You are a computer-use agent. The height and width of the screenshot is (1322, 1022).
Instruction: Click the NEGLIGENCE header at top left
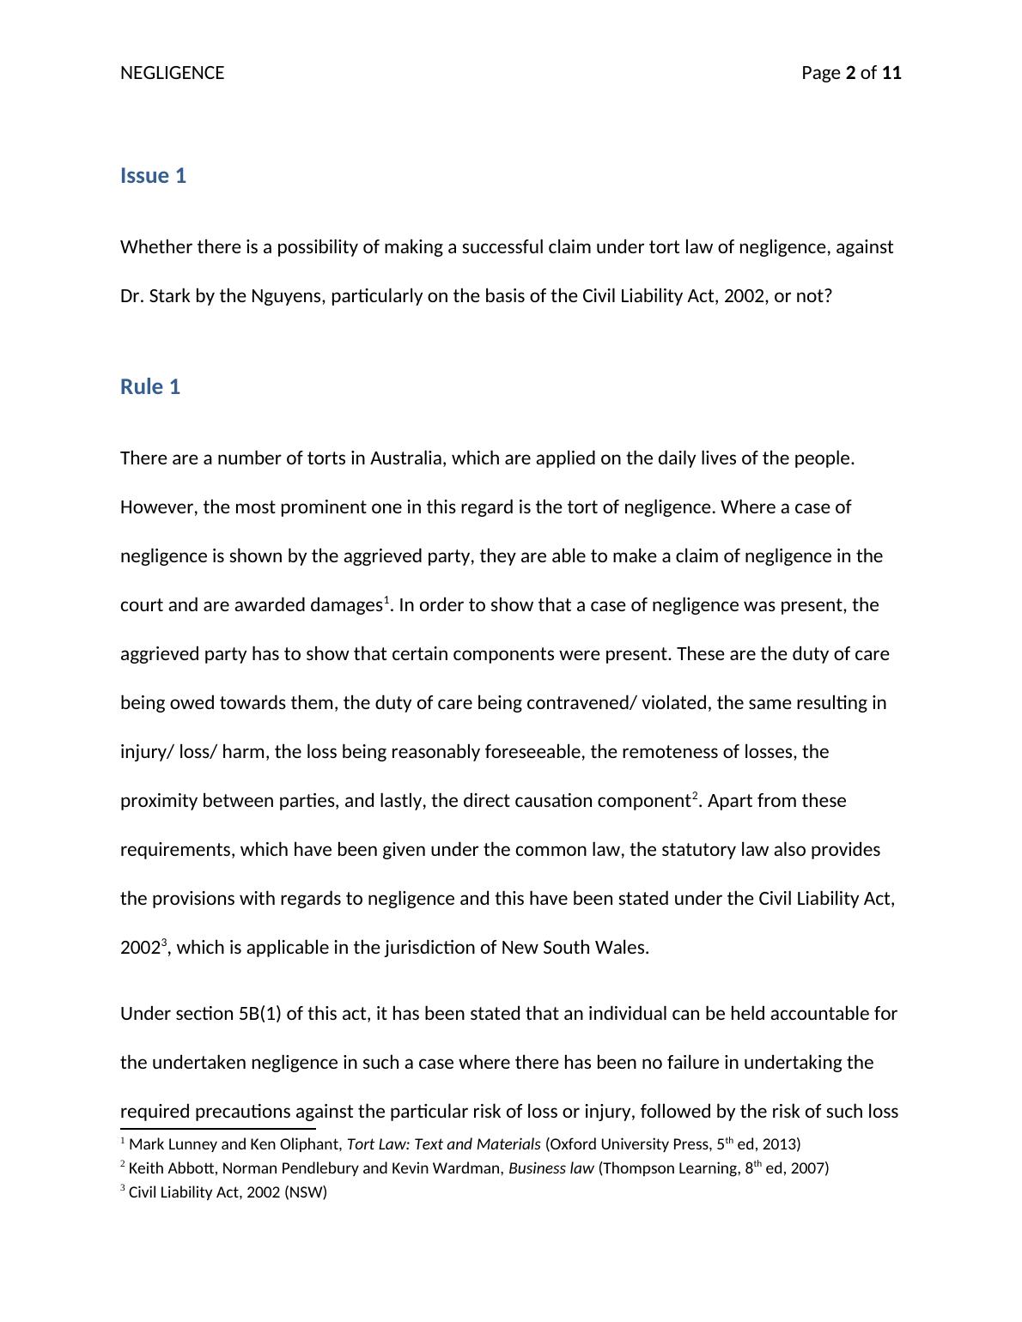(x=172, y=73)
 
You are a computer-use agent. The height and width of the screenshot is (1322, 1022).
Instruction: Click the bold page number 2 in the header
(x=850, y=73)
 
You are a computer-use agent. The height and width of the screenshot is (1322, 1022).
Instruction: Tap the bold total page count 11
(x=891, y=73)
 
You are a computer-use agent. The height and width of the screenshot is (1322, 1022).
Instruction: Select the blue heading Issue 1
(x=153, y=176)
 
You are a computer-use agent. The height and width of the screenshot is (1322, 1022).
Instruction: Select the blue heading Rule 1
(x=150, y=387)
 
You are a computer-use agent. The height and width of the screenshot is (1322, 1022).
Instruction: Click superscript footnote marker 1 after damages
(x=386, y=599)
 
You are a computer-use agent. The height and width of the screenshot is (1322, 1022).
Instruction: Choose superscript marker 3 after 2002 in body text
(x=163, y=942)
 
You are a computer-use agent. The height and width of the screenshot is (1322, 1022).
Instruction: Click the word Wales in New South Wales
(x=624, y=948)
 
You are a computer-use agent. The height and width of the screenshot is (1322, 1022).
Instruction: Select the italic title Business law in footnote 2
(x=551, y=1168)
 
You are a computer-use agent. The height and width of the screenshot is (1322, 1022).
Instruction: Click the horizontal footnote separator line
(x=218, y=1129)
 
